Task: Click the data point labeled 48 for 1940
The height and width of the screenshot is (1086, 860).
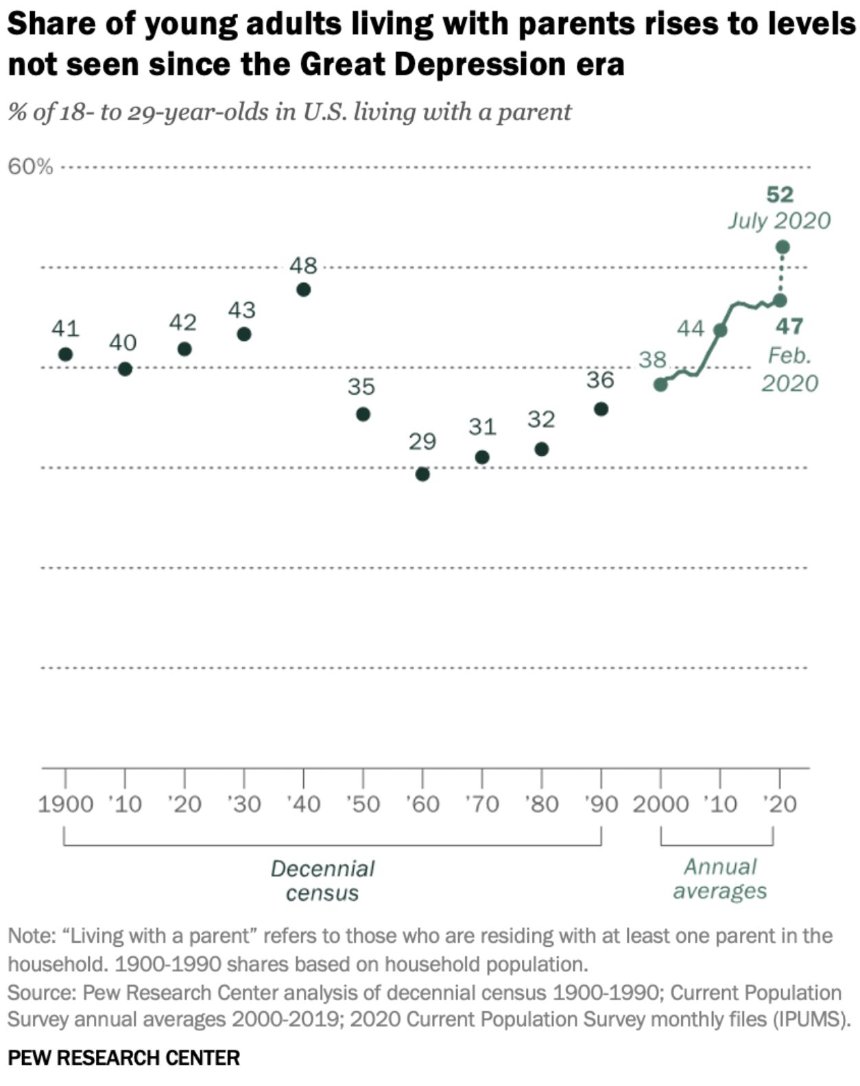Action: coord(303,289)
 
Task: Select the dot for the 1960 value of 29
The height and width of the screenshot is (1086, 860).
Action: coord(422,474)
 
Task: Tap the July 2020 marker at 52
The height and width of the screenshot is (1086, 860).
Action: coord(783,247)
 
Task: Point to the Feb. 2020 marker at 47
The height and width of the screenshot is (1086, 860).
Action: coord(780,300)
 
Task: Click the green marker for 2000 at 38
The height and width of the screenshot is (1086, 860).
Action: coord(660,384)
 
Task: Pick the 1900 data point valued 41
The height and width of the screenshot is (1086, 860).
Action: coord(66,354)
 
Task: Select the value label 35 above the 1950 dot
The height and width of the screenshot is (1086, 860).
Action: coord(361,387)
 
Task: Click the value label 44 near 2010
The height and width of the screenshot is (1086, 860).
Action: coord(691,329)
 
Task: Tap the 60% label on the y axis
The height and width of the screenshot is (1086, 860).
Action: coord(30,167)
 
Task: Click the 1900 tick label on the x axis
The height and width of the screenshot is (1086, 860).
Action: coord(65,804)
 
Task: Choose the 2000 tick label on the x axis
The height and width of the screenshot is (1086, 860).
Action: coord(660,804)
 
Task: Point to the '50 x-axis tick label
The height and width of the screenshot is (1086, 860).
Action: coord(363,804)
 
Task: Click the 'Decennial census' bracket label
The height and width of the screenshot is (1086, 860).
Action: coord(322,880)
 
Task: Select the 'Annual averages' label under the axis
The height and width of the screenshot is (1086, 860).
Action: coord(720,878)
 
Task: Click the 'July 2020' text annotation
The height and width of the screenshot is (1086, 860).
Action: coord(779,221)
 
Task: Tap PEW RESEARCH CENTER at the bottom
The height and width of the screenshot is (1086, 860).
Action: coord(124,1057)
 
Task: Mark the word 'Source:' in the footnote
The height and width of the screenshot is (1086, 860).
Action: coord(41,993)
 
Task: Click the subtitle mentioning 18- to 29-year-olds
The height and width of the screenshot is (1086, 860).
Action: coord(289,112)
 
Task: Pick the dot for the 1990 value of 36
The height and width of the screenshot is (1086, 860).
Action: coord(601,409)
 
